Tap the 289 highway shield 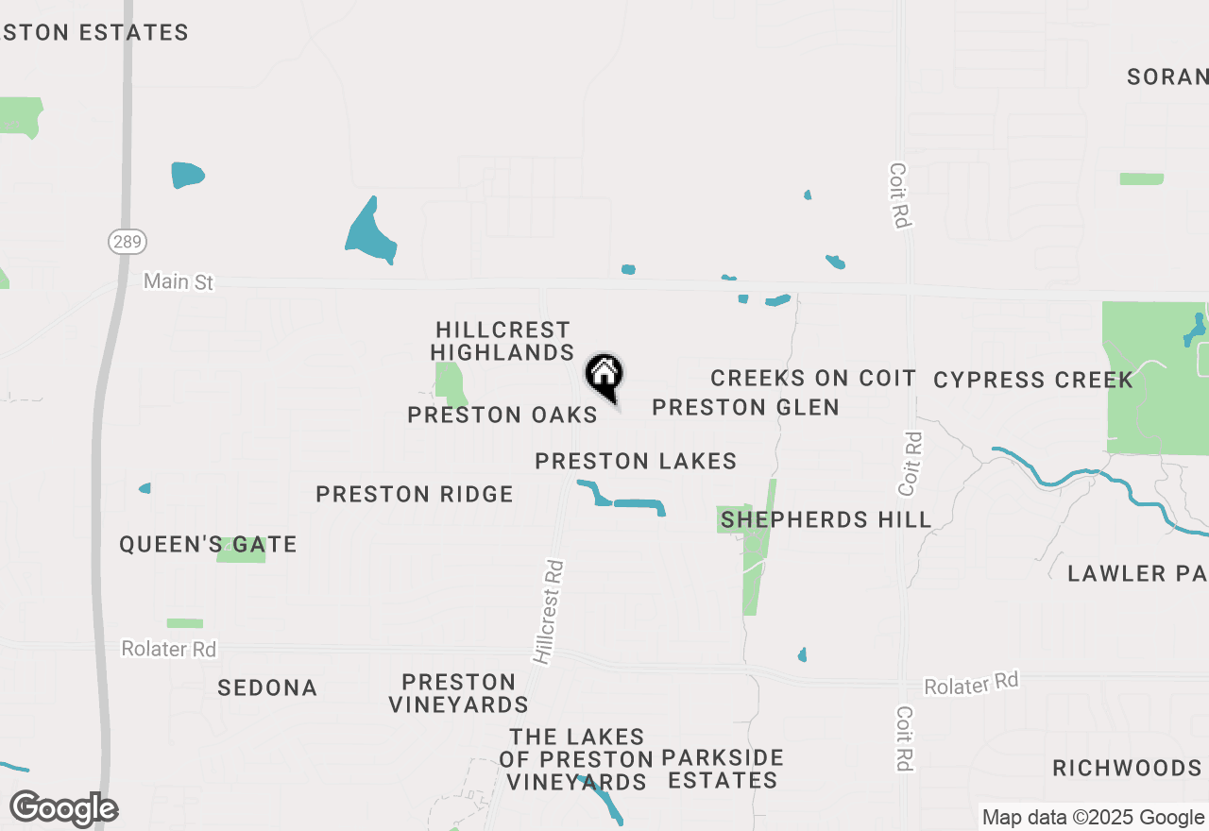pos(126,242)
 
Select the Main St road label pos(179,281)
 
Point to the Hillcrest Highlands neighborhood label pos(502,341)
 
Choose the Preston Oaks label pos(502,415)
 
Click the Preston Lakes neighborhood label pos(636,461)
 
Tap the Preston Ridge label pos(415,494)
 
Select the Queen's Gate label pos(208,544)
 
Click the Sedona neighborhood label pos(267,687)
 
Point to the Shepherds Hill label pos(826,519)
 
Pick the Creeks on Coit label pos(813,378)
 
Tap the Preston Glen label pos(745,407)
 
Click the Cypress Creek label pos(1033,380)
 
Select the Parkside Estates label pos(723,769)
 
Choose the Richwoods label pos(1127,767)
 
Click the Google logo pos(64,809)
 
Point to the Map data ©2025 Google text pos(1093,818)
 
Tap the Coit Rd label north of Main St pos(899,195)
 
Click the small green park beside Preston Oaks pos(449,381)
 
